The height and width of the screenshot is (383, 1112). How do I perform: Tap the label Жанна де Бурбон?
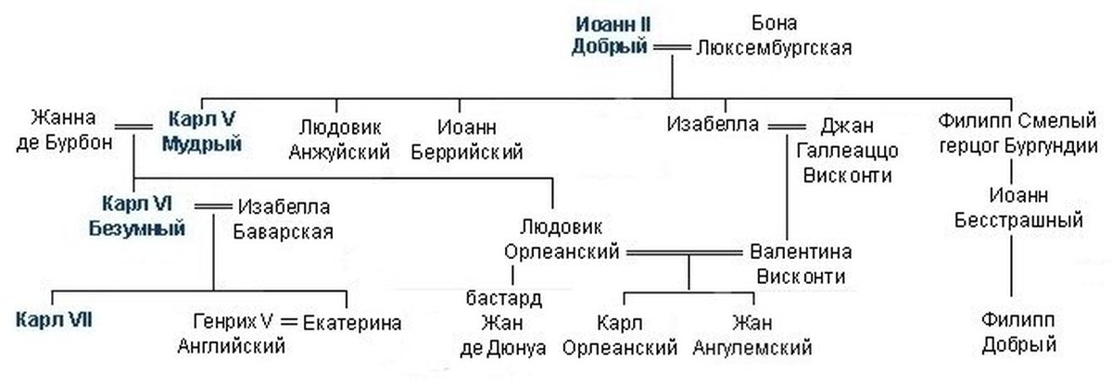coord(70,130)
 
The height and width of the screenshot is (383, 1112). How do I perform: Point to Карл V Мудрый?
coord(202,130)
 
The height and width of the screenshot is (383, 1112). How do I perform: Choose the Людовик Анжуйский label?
coord(339,138)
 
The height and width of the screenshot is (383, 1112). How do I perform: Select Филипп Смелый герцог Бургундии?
coord(1018,133)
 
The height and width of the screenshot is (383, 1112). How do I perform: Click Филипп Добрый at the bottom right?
coord(1019,333)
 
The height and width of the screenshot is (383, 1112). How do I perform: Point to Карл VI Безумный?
coord(144,216)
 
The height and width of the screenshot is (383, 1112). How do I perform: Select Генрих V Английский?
coord(231,334)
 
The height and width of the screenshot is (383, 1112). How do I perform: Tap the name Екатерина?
coord(353,323)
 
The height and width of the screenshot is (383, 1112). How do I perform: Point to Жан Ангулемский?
coord(752,335)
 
